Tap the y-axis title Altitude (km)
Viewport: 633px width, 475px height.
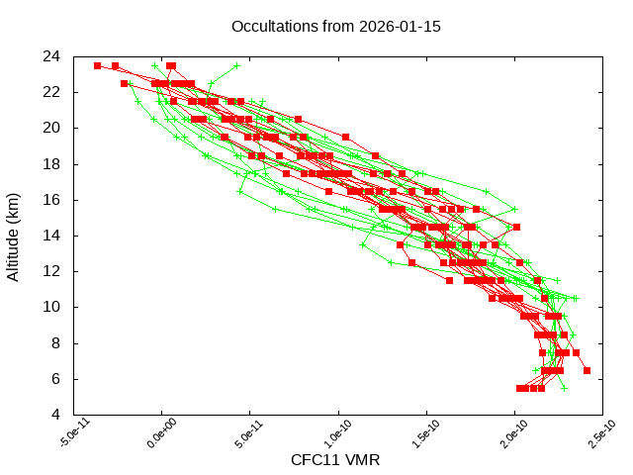tap(14, 235)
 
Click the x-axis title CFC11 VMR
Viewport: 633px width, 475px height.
tap(335, 460)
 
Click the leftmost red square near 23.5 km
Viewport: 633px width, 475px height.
tap(97, 66)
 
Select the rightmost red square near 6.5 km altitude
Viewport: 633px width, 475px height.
tap(587, 371)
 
